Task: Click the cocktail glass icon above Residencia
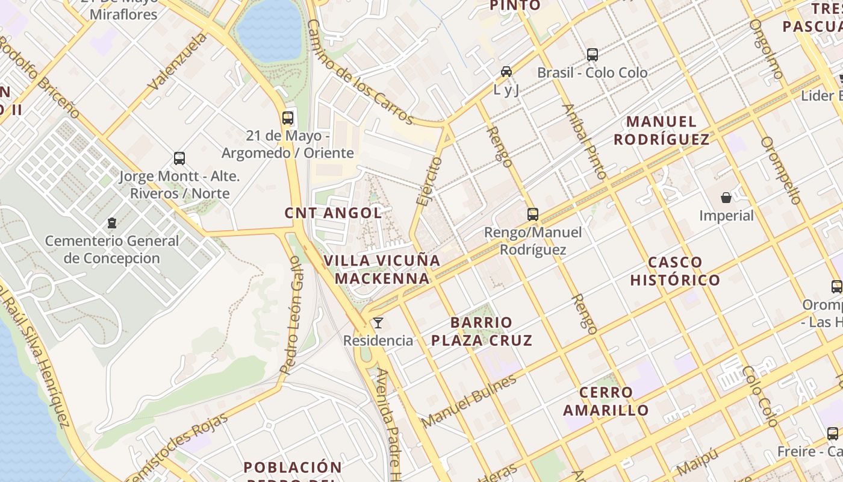378,324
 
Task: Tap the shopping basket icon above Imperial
726,198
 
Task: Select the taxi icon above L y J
506,72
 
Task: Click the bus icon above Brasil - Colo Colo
593,55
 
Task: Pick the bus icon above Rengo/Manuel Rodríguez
533,214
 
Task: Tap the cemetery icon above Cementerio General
112,223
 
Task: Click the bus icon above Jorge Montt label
179,158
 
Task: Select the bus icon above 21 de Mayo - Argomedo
288,117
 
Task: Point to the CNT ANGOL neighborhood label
333,213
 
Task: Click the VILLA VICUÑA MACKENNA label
382,269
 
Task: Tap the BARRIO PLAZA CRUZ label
482,331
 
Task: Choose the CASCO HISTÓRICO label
675,271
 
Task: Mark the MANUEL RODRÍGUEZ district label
661,130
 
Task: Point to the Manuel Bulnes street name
470,401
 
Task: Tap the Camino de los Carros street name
360,71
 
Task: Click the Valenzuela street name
177,62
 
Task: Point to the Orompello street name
780,170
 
